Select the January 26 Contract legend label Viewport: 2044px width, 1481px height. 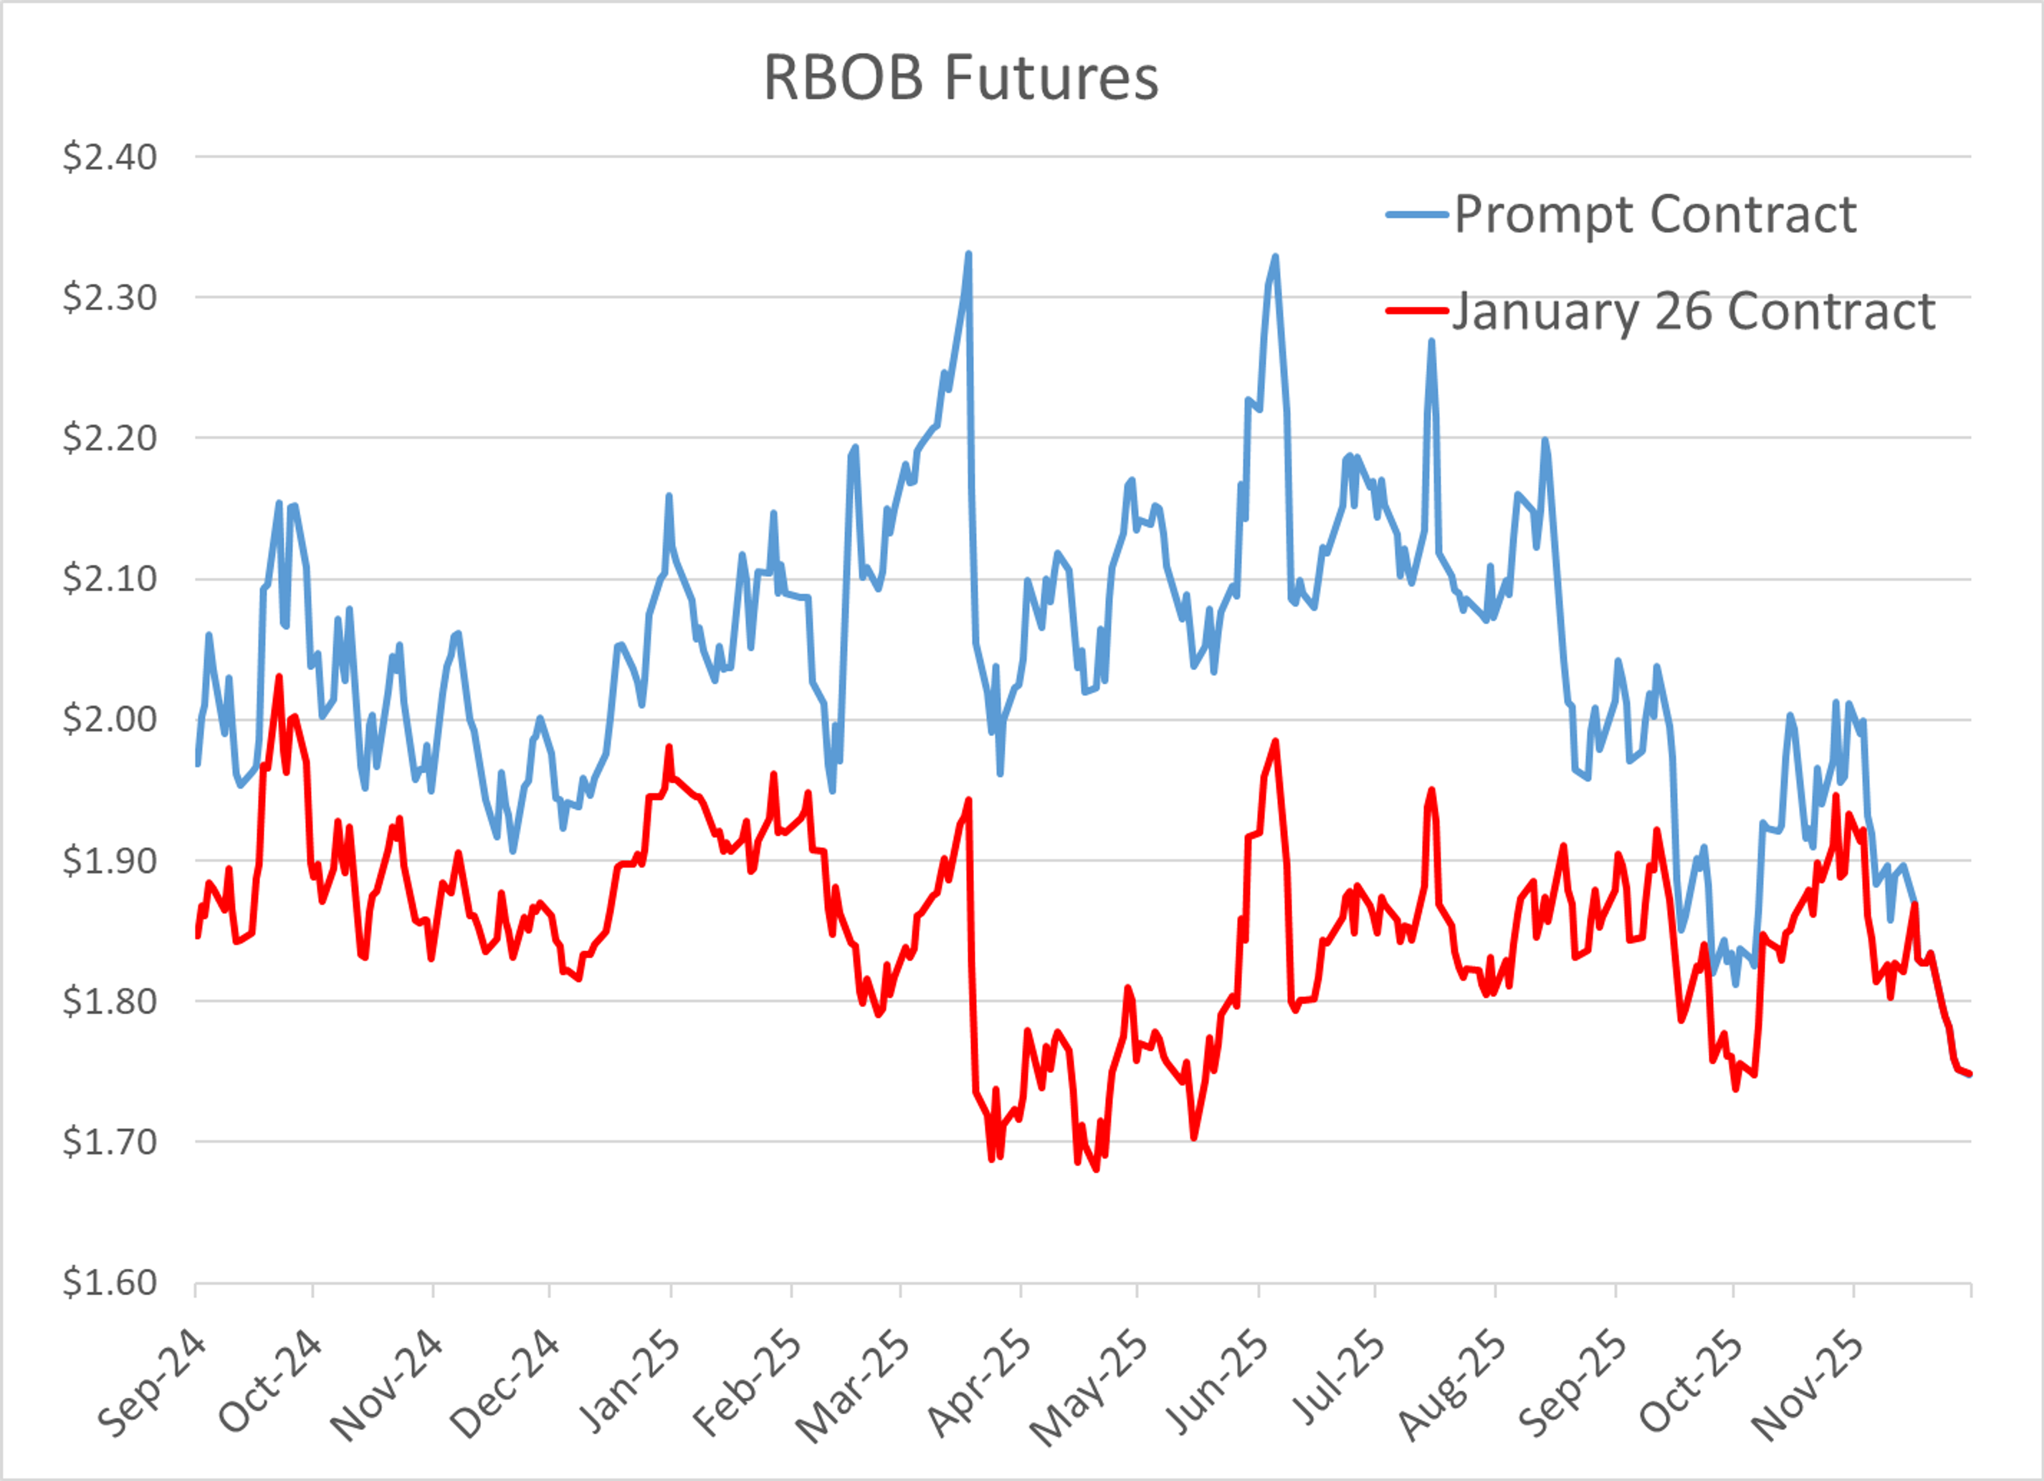(x=1693, y=312)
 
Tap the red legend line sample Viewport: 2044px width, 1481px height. (x=1417, y=310)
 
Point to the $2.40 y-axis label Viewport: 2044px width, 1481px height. (x=109, y=157)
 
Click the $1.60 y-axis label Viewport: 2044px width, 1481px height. (x=109, y=1282)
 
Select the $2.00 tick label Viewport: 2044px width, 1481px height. (x=109, y=719)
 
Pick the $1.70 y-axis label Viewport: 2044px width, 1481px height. (x=109, y=1141)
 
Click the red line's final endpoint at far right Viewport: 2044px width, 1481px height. (x=1970, y=1074)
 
